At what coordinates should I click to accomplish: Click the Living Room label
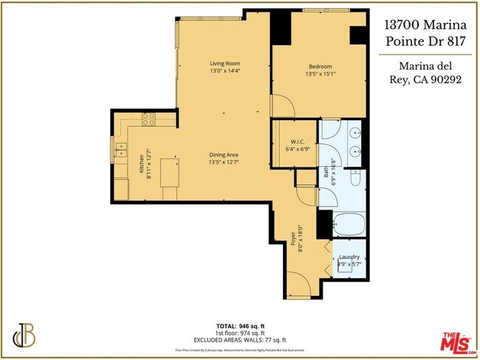pos(224,63)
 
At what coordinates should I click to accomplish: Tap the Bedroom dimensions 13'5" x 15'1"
pos(320,74)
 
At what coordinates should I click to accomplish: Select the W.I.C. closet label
pos(298,142)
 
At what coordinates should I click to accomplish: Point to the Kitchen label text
pos(141,163)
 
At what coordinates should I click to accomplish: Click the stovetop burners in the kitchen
pos(149,118)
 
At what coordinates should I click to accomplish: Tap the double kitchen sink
pos(120,151)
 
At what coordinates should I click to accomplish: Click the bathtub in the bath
pos(347,224)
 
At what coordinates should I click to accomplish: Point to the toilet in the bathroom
pos(356,178)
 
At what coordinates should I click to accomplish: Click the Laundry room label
pos(349,257)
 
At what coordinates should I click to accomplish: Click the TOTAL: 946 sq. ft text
pos(240,325)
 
